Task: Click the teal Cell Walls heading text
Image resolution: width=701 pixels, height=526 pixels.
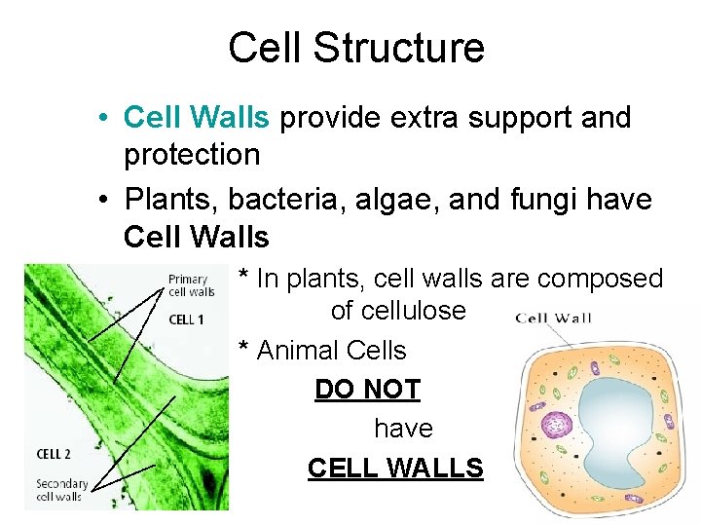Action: (x=196, y=118)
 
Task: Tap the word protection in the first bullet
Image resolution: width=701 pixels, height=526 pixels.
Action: (x=192, y=155)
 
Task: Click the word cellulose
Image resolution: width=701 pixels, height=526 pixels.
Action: (x=398, y=311)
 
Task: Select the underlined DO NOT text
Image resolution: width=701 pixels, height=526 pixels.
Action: (x=367, y=390)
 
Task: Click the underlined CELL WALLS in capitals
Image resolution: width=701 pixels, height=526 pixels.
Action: (x=395, y=469)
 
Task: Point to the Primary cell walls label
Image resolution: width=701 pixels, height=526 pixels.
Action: (x=191, y=285)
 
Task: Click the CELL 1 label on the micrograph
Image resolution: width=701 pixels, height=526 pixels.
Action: (x=186, y=319)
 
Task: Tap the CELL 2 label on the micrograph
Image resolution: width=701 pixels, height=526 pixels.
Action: (x=54, y=454)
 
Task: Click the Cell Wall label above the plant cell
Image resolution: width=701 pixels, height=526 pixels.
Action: (x=553, y=317)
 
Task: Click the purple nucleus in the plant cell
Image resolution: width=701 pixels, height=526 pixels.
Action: (x=558, y=425)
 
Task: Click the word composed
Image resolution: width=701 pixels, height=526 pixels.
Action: (x=600, y=279)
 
